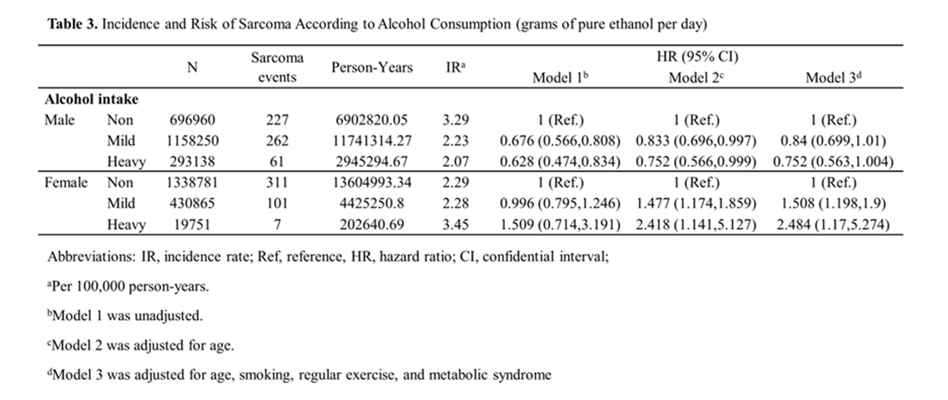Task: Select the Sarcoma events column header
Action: tap(277, 67)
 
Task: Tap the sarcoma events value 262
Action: tap(277, 141)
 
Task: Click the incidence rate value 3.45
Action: tap(456, 224)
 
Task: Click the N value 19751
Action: tap(192, 224)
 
